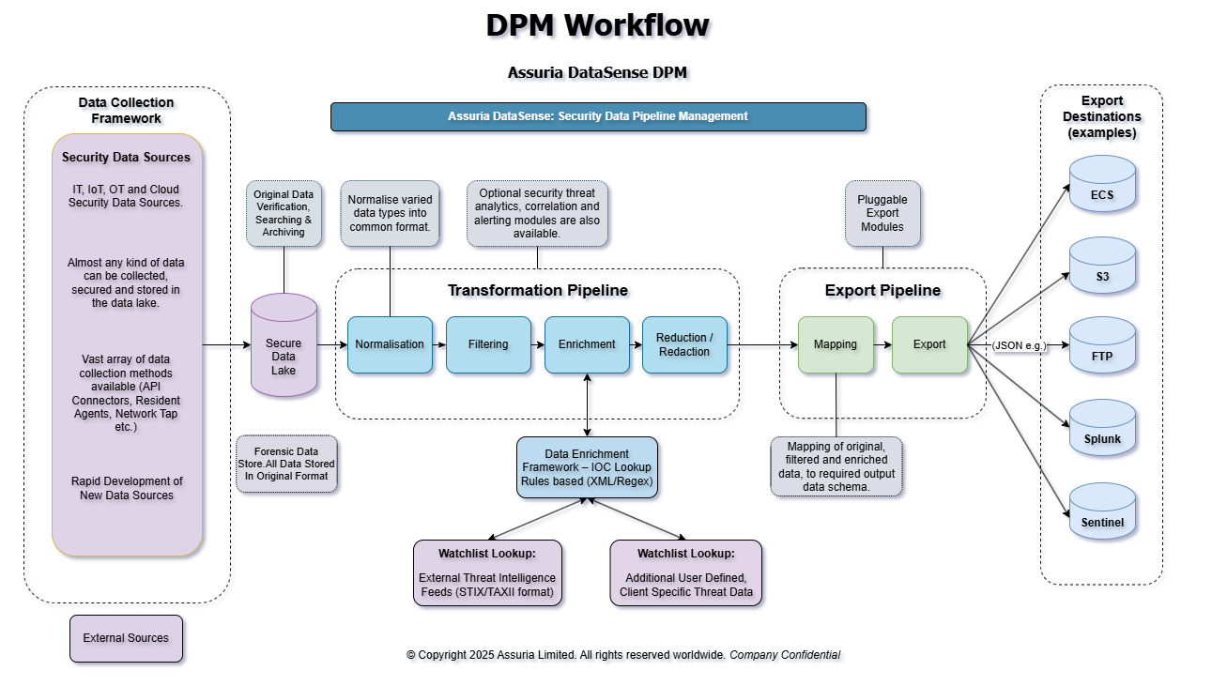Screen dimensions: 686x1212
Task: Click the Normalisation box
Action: pyautogui.click(x=390, y=344)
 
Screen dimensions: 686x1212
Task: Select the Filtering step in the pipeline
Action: pyautogui.click(x=488, y=344)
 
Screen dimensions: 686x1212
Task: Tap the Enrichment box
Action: pyautogui.click(x=587, y=344)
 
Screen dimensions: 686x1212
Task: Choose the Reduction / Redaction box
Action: pyautogui.click(x=684, y=344)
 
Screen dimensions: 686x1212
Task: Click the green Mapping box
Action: pyautogui.click(x=836, y=344)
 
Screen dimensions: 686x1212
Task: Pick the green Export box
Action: pyautogui.click(x=929, y=344)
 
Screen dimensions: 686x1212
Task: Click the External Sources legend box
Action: pyautogui.click(x=126, y=638)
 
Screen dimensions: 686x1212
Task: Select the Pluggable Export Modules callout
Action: pyautogui.click(x=882, y=214)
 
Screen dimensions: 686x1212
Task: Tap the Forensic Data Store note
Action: pyautogui.click(x=287, y=464)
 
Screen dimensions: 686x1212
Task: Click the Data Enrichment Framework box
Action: pyautogui.click(x=587, y=467)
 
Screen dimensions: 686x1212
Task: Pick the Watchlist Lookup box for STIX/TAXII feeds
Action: pyautogui.click(x=487, y=572)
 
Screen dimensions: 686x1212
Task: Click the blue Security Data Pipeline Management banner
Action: pyautogui.click(x=598, y=116)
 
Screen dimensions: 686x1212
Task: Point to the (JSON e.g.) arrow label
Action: pyautogui.click(x=1019, y=345)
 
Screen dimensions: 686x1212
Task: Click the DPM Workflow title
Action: pyautogui.click(x=598, y=25)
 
